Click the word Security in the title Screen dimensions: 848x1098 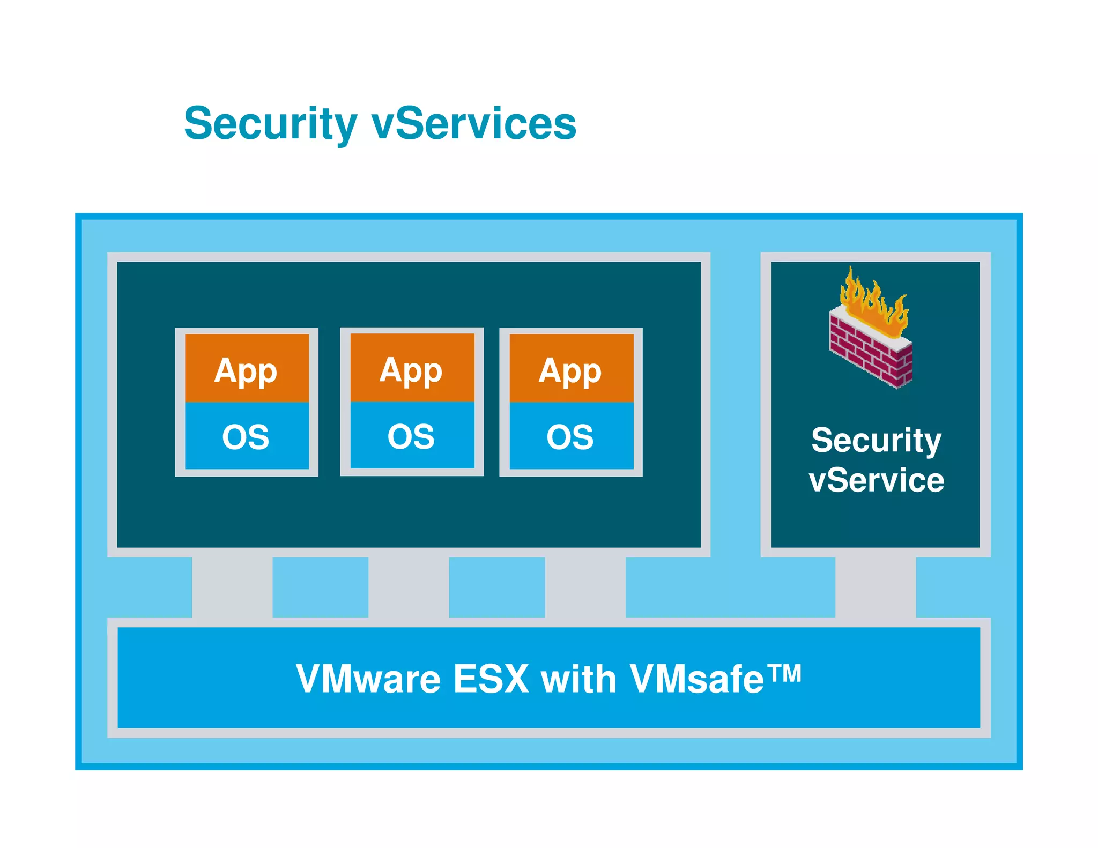pos(270,124)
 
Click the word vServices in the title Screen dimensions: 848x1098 pos(474,124)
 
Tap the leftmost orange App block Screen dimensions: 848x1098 pos(247,368)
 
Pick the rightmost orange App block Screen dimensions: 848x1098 pos(571,368)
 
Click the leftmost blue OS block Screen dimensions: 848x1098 pos(247,436)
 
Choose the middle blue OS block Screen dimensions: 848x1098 pos(412,436)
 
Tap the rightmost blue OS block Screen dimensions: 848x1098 pos(571,436)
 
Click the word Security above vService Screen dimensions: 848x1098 pos(876,441)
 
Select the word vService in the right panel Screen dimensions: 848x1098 pos(876,480)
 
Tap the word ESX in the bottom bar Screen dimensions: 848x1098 pos(491,679)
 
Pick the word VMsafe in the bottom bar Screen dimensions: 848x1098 pos(697,679)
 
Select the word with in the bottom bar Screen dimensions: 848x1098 pos(579,679)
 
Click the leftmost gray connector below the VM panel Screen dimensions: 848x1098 pos(232,587)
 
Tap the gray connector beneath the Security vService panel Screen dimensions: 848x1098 pos(876,587)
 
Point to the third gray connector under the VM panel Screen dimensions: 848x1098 pos(585,587)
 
